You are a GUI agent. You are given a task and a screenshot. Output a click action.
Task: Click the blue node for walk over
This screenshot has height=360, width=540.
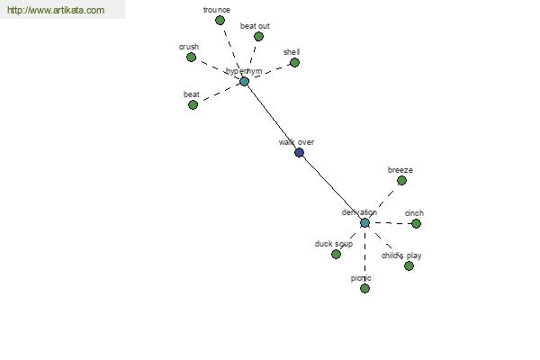tap(300, 152)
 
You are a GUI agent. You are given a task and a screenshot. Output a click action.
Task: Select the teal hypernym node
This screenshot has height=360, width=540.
tap(244, 81)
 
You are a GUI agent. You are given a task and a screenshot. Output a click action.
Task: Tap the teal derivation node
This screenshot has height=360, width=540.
tap(364, 223)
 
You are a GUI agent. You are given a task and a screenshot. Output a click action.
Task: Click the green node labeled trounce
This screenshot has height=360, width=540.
tap(220, 21)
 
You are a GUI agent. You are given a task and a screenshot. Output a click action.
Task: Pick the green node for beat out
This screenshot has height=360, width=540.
tap(258, 36)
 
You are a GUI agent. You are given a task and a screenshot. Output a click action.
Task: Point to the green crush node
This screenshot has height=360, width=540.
tap(191, 57)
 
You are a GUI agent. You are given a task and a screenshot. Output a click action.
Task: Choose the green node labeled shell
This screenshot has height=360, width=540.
tap(294, 62)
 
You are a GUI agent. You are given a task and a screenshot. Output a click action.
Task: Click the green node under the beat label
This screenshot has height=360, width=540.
tap(193, 104)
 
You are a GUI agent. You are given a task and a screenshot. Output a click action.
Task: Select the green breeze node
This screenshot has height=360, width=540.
tap(401, 180)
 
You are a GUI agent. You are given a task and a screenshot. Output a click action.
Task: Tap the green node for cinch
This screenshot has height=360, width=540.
tap(416, 223)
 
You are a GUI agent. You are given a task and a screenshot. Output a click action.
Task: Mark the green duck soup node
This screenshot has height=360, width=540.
tap(336, 254)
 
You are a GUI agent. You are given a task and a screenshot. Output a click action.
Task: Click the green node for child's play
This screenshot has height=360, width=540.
tap(409, 266)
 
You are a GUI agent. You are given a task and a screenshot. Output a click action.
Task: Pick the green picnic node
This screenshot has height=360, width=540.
tap(364, 288)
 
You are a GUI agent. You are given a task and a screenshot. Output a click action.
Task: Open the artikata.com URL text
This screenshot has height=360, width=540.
tap(56, 10)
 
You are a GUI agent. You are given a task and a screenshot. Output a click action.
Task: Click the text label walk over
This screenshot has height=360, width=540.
tap(296, 142)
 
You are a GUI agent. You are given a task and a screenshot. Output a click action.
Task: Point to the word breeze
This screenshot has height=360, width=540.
tap(400, 170)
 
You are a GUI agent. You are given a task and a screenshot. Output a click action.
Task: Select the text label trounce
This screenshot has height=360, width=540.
tap(217, 10)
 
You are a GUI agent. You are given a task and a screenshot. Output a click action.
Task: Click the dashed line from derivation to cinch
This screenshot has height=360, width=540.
tap(391, 223)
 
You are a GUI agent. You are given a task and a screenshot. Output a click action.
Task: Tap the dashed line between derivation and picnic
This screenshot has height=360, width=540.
tap(364, 256)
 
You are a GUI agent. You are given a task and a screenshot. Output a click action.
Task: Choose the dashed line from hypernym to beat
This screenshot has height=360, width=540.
tap(219, 93)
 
